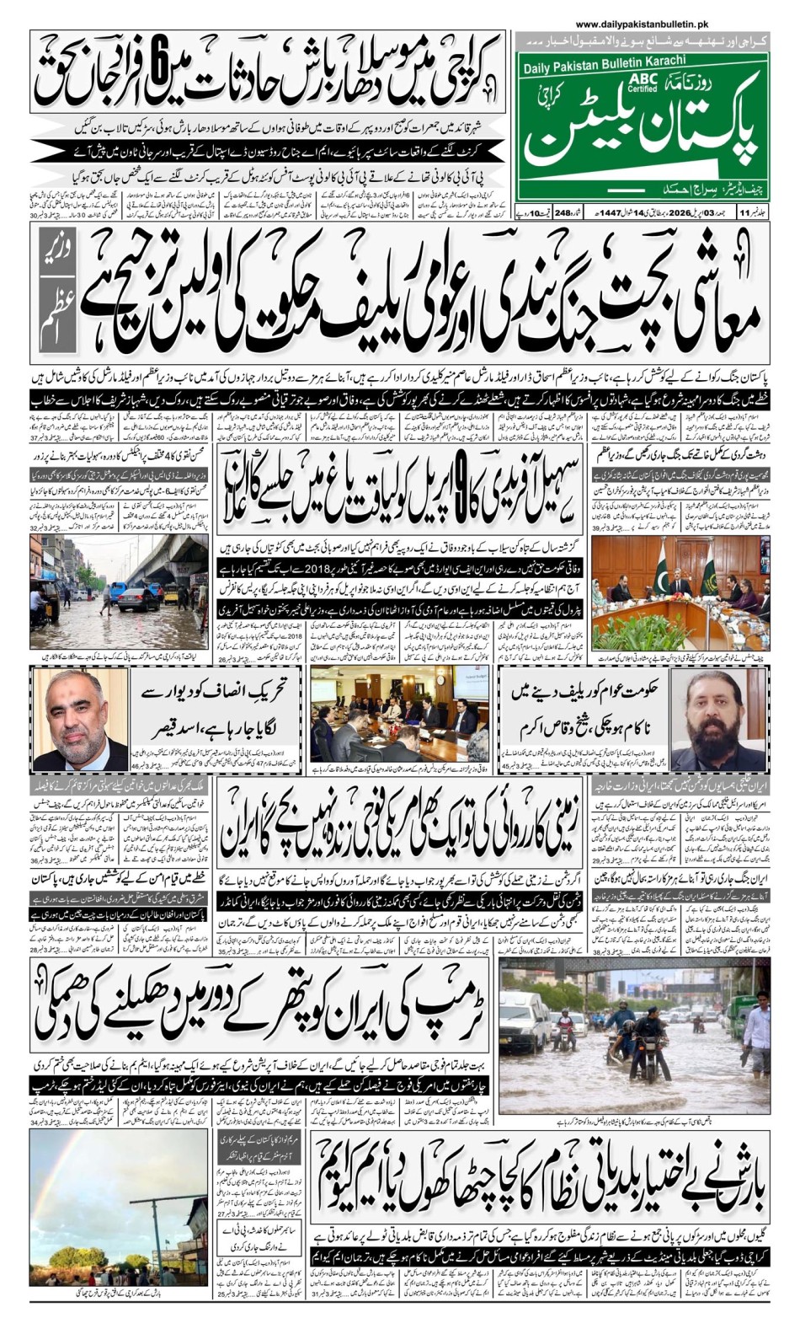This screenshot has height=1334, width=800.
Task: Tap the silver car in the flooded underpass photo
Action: [139, 599]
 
